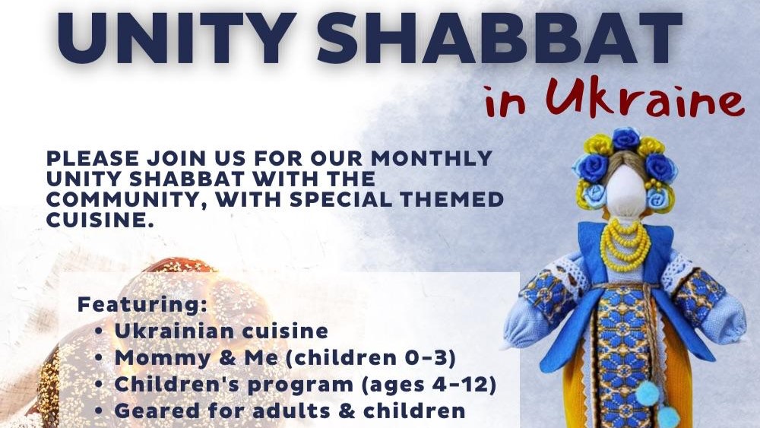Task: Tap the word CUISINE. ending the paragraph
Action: click(100, 220)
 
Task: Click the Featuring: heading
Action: click(143, 305)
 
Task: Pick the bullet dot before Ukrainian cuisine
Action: click(100, 331)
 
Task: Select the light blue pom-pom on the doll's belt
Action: click(648, 393)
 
